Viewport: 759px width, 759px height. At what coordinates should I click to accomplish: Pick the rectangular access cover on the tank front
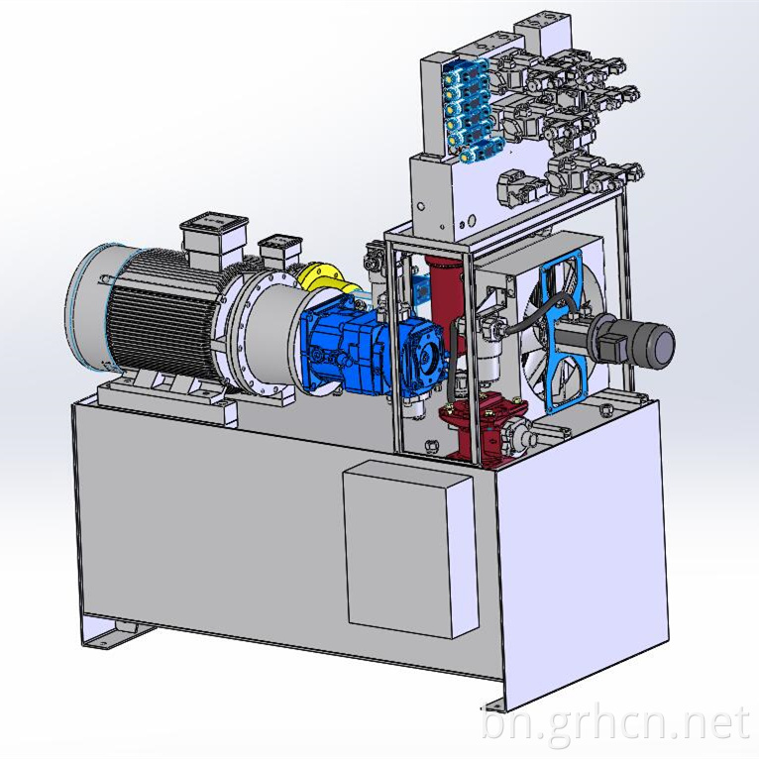410,549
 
